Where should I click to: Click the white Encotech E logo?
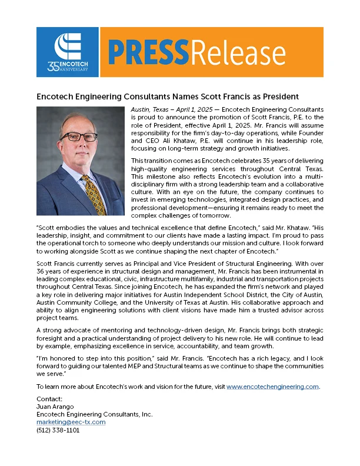[67, 46]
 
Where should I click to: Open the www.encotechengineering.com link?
[272, 387]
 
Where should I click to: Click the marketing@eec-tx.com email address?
[71, 422]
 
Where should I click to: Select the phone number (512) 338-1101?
[58, 430]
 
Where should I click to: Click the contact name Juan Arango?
[54, 407]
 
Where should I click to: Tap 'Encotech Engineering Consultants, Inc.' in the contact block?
[94, 414]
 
